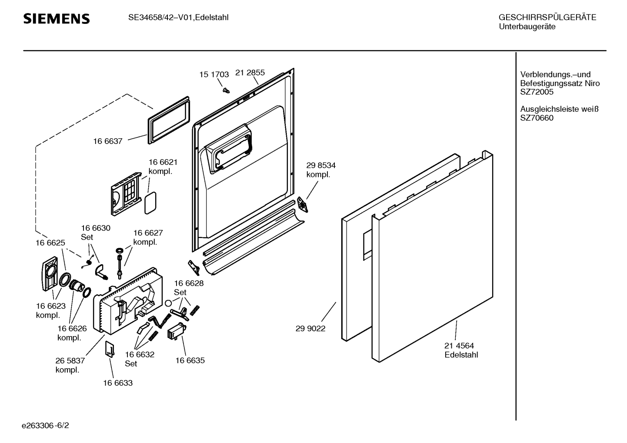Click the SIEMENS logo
coord(57,19)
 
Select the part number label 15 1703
coord(214,74)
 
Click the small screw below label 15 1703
coord(225,90)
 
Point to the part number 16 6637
coord(107,141)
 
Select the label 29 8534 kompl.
coord(321,170)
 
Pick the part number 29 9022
coord(310,329)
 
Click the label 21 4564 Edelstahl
coord(461,350)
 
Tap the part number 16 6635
coord(190,360)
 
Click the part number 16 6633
coord(117,383)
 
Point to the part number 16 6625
coord(50,243)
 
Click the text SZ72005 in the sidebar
coord(537,92)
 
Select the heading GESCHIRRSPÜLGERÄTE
coord(547,17)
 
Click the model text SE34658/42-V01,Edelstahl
coord(178,17)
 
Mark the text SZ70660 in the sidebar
coord(537,118)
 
